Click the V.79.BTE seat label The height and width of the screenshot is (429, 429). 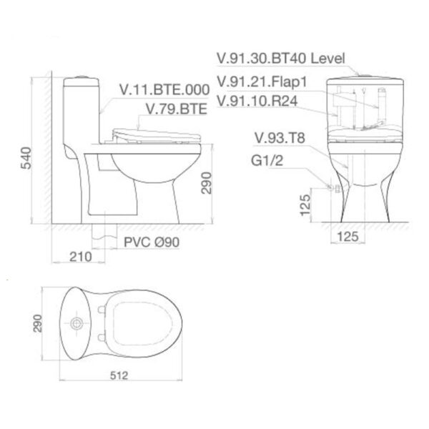(176, 109)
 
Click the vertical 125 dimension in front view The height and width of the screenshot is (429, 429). (306, 204)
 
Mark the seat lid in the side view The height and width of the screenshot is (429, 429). (154, 133)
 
